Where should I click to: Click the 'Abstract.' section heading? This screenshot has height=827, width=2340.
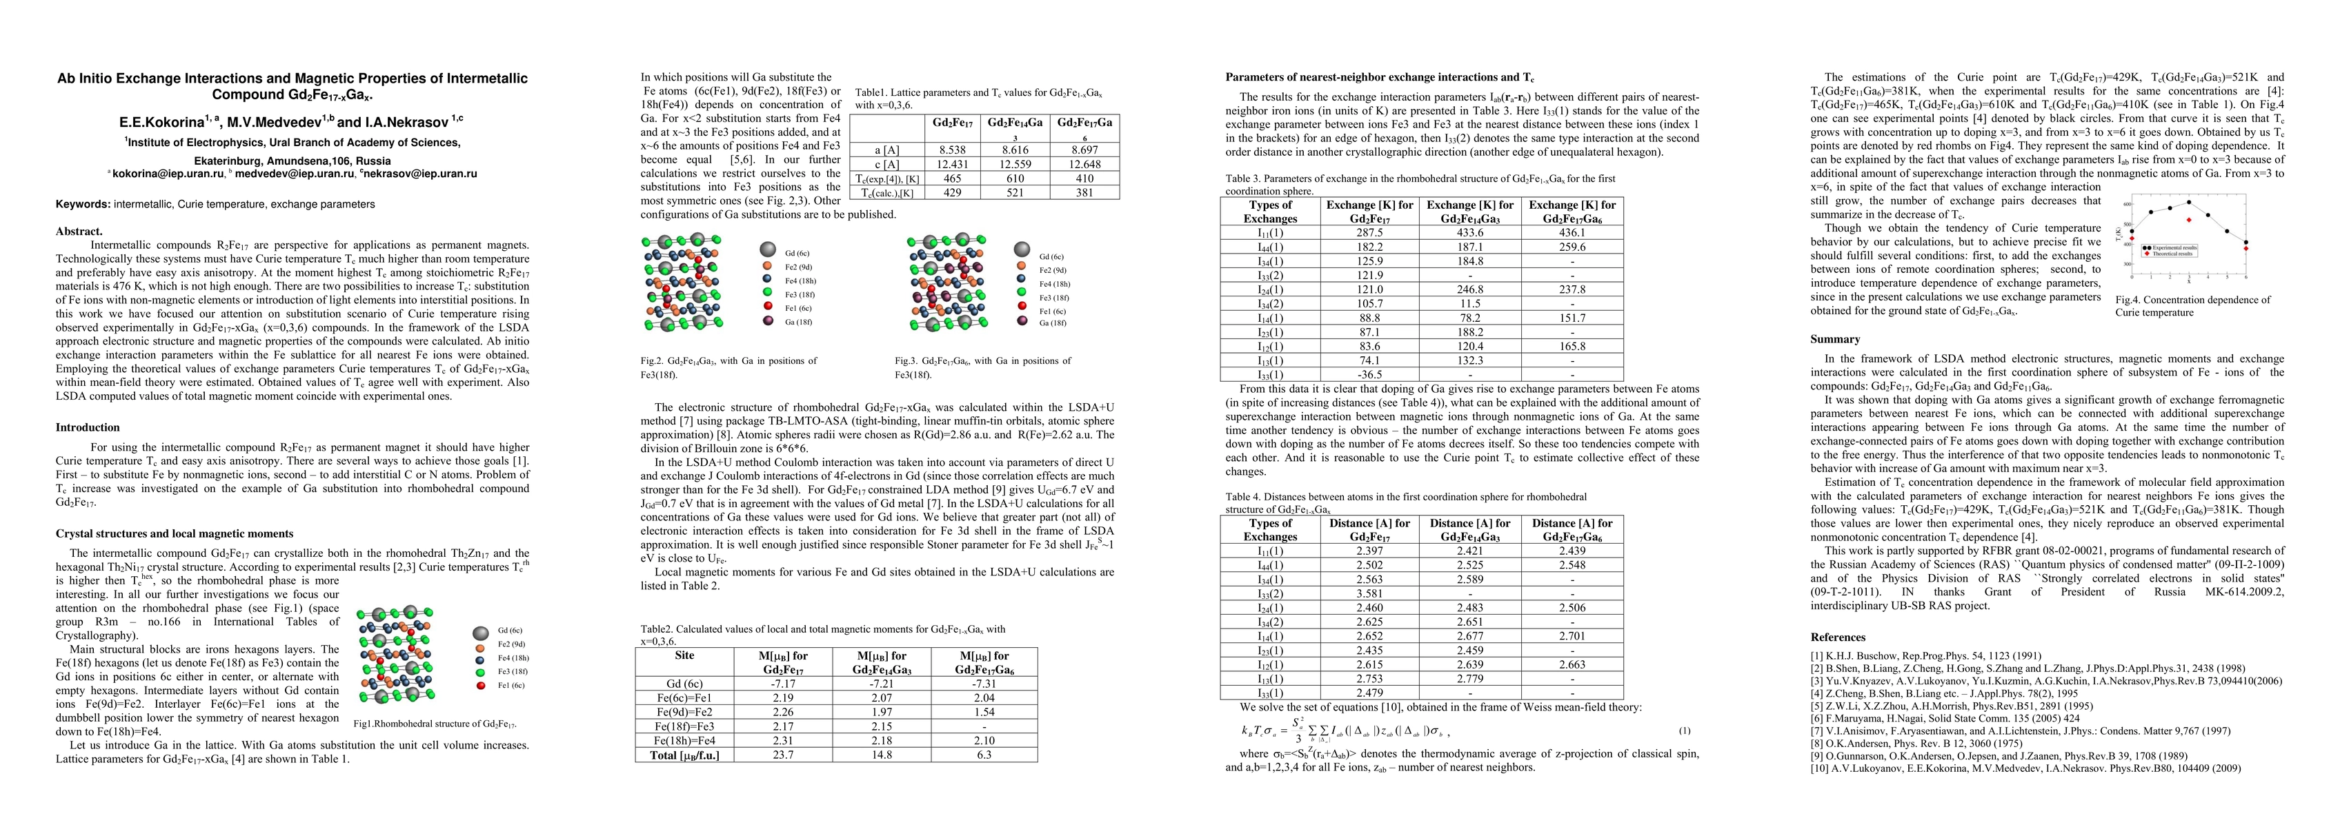pyautogui.click(x=79, y=232)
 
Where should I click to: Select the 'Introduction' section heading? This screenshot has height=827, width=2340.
pyautogui.click(x=87, y=427)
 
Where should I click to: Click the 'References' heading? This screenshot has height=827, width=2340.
pyautogui.click(x=1838, y=637)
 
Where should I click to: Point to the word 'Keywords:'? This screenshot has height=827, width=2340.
pyautogui.click(x=83, y=204)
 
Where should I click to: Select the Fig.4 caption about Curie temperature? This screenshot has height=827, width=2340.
pyautogui.click(x=2192, y=306)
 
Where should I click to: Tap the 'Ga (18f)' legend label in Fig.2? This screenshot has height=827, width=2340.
pyautogui.click(x=800, y=323)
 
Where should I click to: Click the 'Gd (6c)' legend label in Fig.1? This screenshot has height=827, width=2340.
pyautogui.click(x=510, y=630)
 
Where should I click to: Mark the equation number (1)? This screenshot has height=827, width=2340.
pyautogui.click(x=1683, y=730)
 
